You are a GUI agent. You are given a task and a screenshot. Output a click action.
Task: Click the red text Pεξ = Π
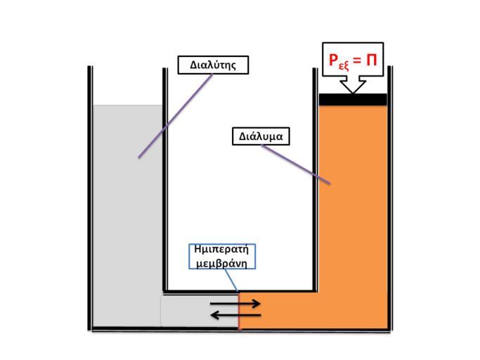tap(353, 60)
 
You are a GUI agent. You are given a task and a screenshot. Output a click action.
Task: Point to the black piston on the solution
tap(353, 99)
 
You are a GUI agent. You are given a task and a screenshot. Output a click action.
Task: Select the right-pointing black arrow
tap(236, 303)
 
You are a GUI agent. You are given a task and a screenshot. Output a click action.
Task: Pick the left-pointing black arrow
tap(236, 315)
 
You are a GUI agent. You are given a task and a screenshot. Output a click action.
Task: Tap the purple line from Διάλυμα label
tap(295, 165)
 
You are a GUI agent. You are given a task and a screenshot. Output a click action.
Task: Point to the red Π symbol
tap(370, 60)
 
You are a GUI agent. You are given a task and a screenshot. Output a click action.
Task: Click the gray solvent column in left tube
tap(127, 211)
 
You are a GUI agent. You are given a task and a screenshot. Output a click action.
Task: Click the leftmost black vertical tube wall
tap(90, 197)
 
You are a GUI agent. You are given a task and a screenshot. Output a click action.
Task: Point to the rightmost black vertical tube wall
tap(390, 197)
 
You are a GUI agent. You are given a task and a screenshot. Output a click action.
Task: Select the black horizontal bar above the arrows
tap(239, 290)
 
